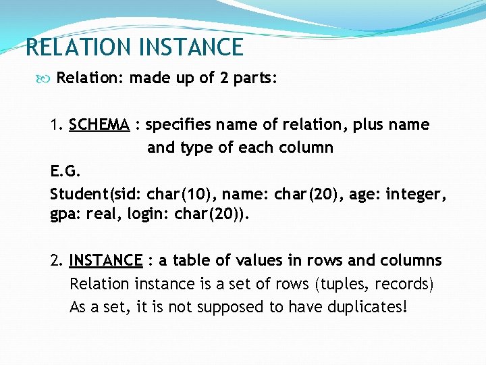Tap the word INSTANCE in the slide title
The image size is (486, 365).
(x=190, y=47)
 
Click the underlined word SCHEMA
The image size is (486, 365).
(x=99, y=125)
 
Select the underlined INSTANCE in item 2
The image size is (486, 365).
(x=105, y=261)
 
